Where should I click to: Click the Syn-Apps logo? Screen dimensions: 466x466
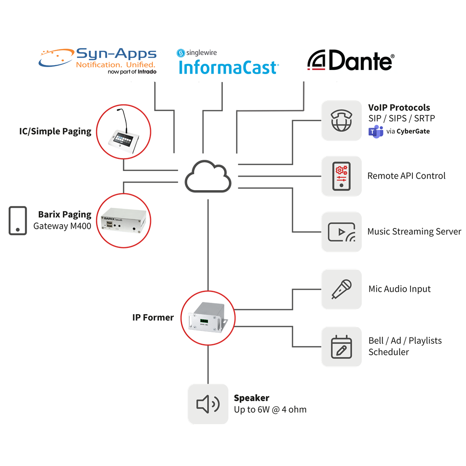point(97,61)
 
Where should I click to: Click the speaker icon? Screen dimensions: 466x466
point(208,404)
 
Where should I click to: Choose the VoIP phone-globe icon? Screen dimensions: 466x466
point(342,120)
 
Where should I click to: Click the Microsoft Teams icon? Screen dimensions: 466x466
point(376,131)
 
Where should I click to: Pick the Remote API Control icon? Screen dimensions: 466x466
point(342,176)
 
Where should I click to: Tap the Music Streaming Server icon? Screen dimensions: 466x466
point(342,232)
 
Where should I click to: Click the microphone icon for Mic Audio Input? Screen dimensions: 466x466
point(342,289)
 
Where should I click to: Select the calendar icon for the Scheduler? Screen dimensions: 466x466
point(342,346)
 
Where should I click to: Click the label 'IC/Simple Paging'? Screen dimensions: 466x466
point(55,131)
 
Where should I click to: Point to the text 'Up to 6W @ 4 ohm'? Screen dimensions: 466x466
point(270,410)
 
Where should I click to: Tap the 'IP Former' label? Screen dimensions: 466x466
point(153,317)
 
